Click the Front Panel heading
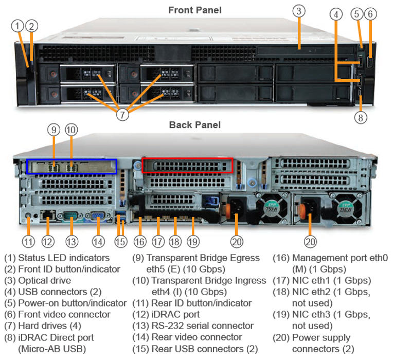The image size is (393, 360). [x=195, y=10]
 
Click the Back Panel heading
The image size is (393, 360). [x=195, y=125]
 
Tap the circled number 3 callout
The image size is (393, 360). [x=299, y=11]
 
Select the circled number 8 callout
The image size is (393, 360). [x=361, y=117]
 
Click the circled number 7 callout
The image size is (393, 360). [x=122, y=114]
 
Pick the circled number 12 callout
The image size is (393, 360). [x=48, y=240]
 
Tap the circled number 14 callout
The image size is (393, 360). [x=98, y=240]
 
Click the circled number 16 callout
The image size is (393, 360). [x=140, y=240]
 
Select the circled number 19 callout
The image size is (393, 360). [x=192, y=240]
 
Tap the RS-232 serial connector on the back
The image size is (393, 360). [x=70, y=216]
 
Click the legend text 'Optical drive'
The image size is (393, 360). [x=44, y=280]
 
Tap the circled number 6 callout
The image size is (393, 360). [x=370, y=14]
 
